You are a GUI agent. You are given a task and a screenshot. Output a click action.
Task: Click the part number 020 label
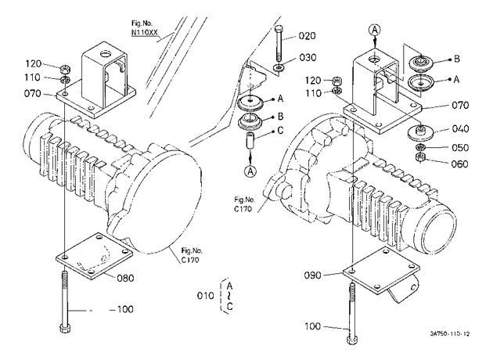coord(307,36)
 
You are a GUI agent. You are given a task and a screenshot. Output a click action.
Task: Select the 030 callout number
coord(308,58)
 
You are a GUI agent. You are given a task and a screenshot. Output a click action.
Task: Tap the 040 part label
coord(460,128)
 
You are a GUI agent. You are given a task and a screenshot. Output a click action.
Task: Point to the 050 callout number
coord(460,147)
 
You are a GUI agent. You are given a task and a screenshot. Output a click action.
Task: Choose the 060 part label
coord(460,164)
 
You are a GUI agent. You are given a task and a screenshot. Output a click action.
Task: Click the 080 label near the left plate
coord(125,278)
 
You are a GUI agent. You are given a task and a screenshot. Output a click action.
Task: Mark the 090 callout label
coord(312,275)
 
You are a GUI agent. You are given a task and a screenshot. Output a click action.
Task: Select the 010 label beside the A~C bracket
coord(205,296)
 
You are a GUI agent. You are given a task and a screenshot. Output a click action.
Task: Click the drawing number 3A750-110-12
coord(450,333)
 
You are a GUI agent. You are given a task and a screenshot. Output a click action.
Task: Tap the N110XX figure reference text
coord(144,32)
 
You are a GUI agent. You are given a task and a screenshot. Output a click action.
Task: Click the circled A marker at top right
coord(375,30)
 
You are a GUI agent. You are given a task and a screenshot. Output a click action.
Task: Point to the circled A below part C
coord(250,171)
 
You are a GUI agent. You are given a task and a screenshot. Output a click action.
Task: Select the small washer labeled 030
coord(279,67)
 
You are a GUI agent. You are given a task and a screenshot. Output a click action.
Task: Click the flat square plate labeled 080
coord(94,256)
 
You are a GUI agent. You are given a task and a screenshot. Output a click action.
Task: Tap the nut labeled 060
coord(419,157)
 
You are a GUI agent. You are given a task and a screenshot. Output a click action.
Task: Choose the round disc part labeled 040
coord(421,132)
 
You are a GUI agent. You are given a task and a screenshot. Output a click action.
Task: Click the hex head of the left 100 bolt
coord(64,328)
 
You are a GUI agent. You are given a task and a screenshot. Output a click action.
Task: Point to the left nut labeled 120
coord(65,68)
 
